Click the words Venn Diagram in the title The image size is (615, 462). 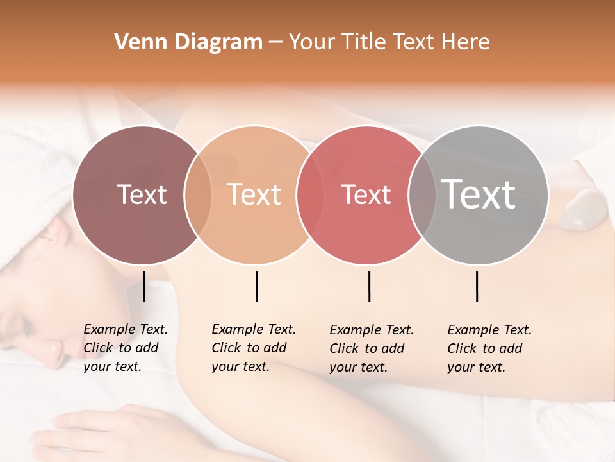click(188, 42)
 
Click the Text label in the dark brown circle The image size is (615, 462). click(142, 194)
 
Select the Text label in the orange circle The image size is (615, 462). click(254, 194)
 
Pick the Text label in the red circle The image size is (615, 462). click(366, 194)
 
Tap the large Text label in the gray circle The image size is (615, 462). click(479, 194)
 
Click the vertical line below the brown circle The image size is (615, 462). click(144, 286)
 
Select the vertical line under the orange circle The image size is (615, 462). click(256, 286)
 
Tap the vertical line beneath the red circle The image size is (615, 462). click(370, 286)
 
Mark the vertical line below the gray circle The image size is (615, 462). click(477, 286)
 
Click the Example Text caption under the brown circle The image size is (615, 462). click(126, 348)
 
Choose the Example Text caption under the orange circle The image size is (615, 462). click(254, 348)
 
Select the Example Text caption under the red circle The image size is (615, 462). click(372, 348)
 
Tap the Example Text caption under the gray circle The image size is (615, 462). click(489, 348)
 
